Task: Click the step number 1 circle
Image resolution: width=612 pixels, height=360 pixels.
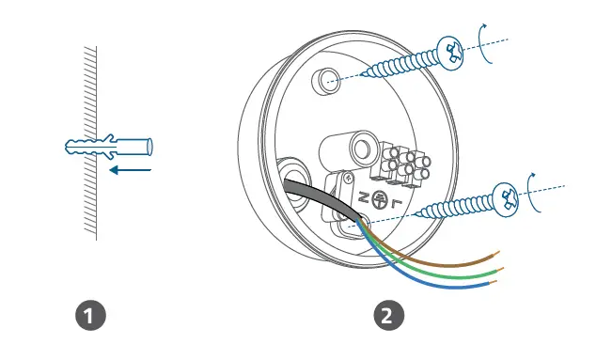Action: (89, 315)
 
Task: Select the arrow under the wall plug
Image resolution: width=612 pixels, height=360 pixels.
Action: (130, 171)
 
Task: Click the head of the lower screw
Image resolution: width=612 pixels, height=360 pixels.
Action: (509, 196)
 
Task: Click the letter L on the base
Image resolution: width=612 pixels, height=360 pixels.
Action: (397, 203)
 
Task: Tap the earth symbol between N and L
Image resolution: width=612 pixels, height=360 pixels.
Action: (380, 198)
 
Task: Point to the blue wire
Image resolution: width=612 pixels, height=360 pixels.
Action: (442, 282)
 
